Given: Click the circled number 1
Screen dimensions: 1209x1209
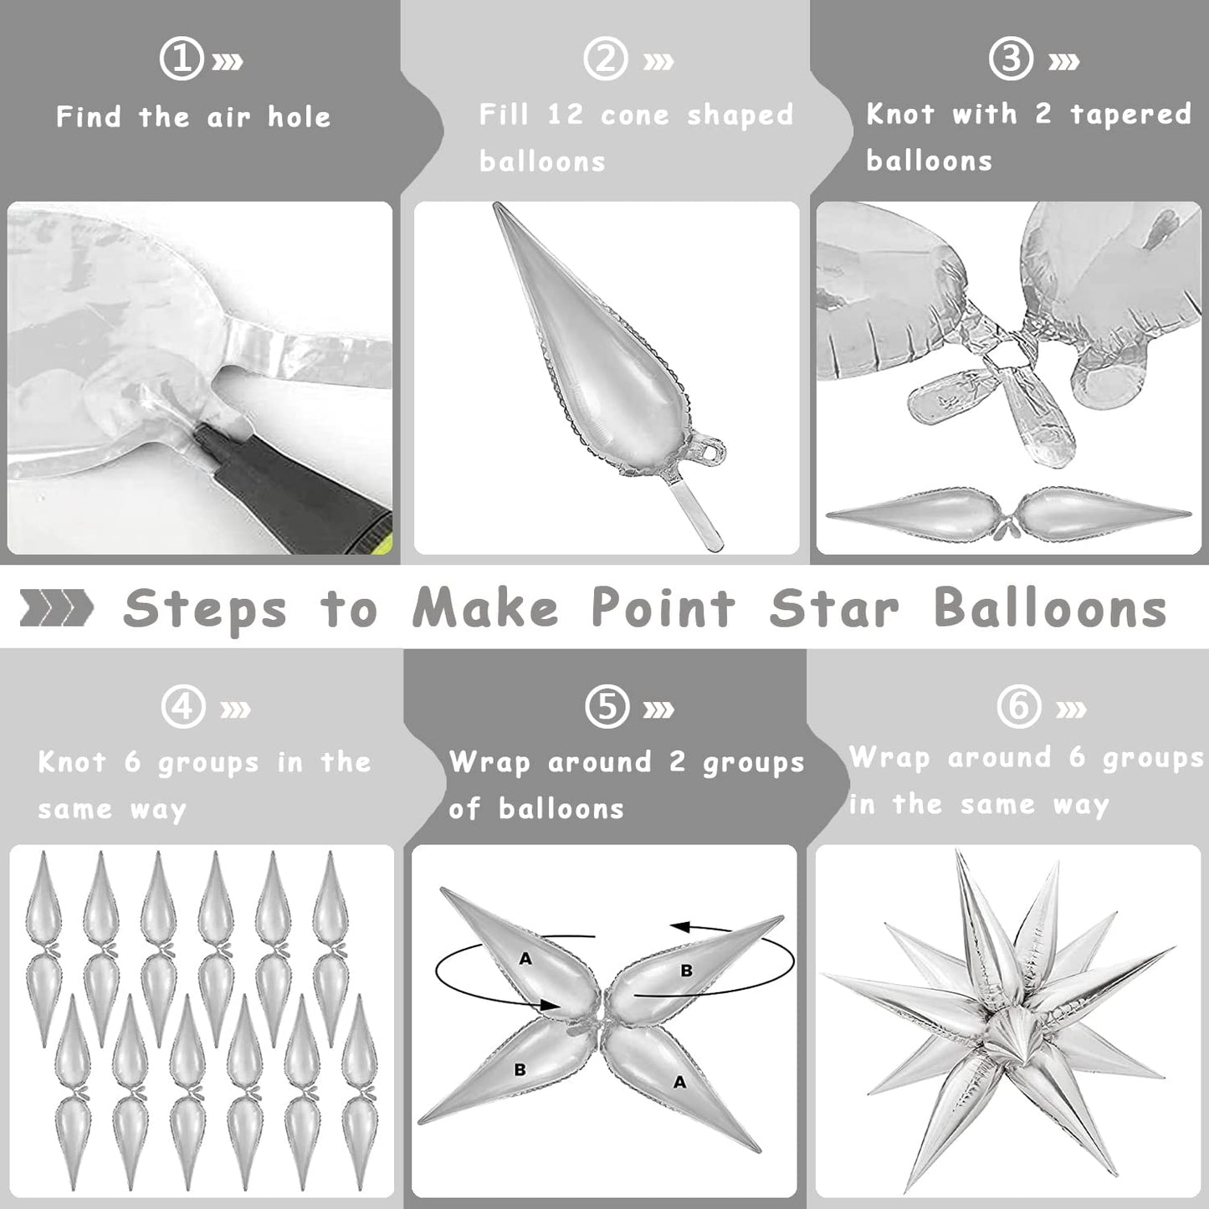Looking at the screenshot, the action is (x=182, y=59).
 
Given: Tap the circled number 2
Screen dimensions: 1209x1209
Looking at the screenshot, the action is (x=606, y=59).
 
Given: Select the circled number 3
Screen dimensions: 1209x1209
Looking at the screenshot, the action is (x=1011, y=59).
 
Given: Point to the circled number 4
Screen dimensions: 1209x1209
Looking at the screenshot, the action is (x=183, y=706).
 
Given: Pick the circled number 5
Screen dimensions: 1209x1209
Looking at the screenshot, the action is (x=607, y=706).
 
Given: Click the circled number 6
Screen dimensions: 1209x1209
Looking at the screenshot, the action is (x=1019, y=706).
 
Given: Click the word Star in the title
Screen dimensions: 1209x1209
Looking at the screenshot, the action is (x=834, y=608).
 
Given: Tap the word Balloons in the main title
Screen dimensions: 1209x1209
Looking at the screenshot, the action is (x=1050, y=607).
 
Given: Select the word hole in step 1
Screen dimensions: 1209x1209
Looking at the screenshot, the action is (x=300, y=116).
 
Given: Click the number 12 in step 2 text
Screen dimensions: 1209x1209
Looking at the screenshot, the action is (x=566, y=115).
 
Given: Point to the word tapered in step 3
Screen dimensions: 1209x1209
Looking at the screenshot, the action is (x=1130, y=115).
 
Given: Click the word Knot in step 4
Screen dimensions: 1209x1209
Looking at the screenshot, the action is (x=71, y=762).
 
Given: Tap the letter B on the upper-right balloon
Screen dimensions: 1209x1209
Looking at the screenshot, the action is (x=687, y=971).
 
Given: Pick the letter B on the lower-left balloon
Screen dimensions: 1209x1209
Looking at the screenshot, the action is (x=520, y=1070).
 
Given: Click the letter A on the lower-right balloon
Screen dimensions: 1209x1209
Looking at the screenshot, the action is (x=679, y=1082).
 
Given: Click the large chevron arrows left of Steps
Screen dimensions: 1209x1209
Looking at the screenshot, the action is (x=56, y=608).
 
